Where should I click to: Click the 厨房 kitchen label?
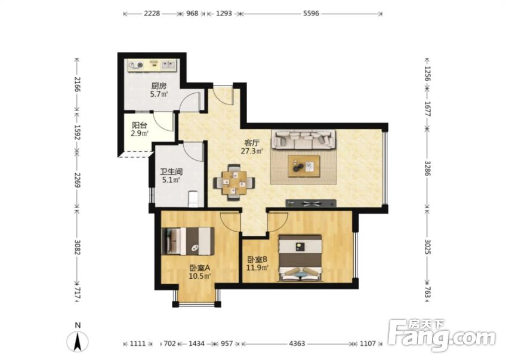pyautogui.click(x=159, y=86)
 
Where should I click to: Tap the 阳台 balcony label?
pyautogui.click(x=140, y=125)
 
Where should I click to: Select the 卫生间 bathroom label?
pyautogui.click(x=171, y=171)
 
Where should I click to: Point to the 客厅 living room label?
pyautogui.click(x=252, y=142)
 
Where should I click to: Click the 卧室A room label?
pyautogui.click(x=200, y=267)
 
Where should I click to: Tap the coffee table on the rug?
pyautogui.click(x=304, y=166)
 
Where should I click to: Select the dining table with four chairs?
pyautogui.click(x=234, y=183)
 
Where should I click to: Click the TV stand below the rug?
pyautogui.click(x=311, y=203)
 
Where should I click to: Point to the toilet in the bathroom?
pyautogui.click(x=193, y=199)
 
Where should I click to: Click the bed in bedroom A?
pyautogui.click(x=188, y=241)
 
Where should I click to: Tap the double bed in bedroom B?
pyautogui.click(x=301, y=258)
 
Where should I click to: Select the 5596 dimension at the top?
pyautogui.click(x=311, y=13)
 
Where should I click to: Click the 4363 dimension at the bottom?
pyautogui.click(x=297, y=343)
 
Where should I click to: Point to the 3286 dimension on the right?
pyautogui.click(x=427, y=168)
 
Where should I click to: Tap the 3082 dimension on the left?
pyautogui.click(x=77, y=247)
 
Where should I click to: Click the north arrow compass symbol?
pyautogui.click(x=78, y=341)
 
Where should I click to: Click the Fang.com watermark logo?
pyautogui.click(x=442, y=335)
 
